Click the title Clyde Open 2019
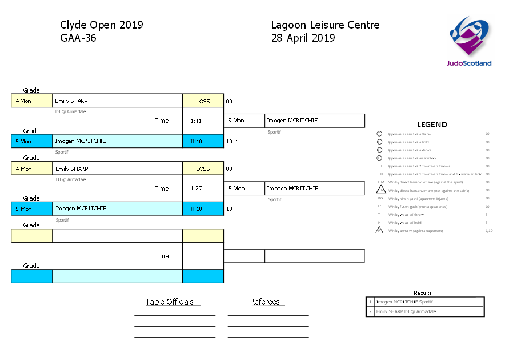[101, 25]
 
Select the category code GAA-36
[78, 38]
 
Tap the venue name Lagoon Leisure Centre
[325, 25]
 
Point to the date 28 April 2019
[303, 38]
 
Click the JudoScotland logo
[469, 41]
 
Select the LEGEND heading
[432, 125]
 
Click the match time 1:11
[196, 121]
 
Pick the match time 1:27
[196, 189]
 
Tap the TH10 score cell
[197, 141]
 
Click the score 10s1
[232, 141]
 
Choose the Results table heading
[423, 293]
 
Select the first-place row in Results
[425, 302]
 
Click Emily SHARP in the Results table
[406, 311]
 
